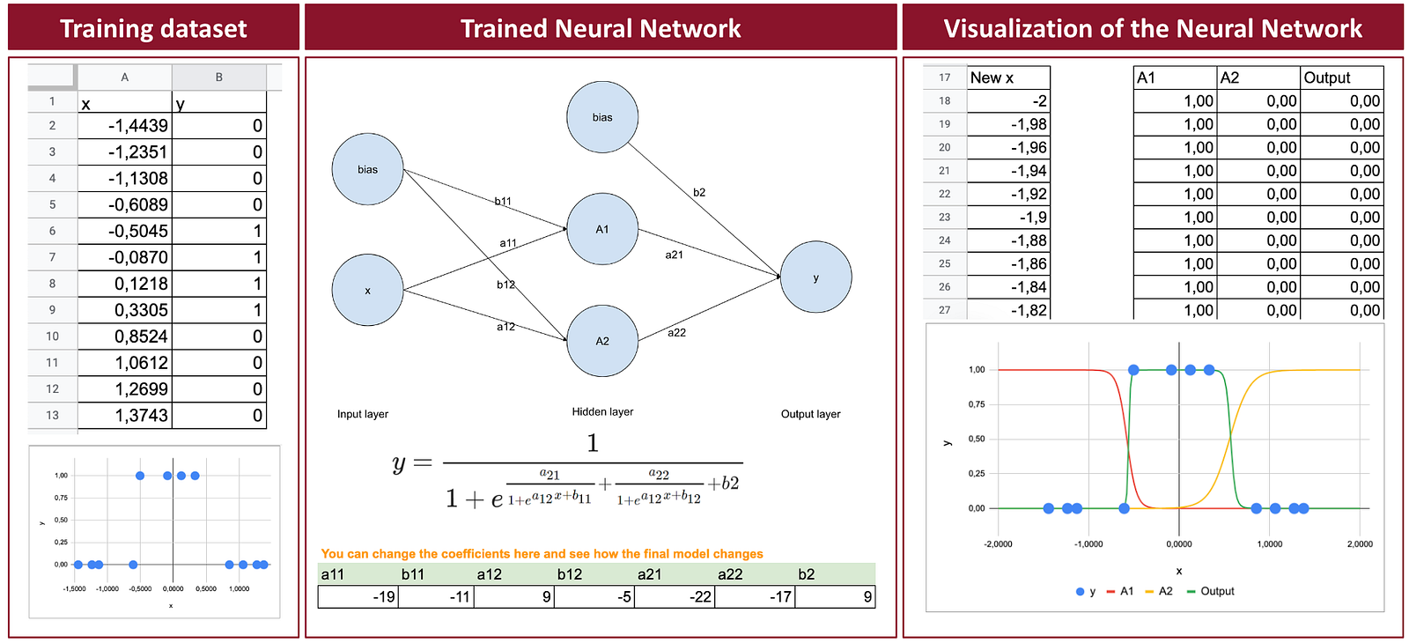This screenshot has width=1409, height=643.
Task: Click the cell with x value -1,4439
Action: pos(124,126)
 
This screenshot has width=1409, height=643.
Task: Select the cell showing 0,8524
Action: pos(124,336)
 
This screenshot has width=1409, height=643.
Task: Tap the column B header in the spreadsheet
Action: pos(219,78)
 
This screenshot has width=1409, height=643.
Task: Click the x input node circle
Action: pos(367,290)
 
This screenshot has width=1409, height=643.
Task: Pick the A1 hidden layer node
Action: pos(602,229)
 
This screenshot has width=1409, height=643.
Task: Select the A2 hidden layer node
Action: pos(602,341)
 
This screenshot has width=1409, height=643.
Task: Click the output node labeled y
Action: pos(815,277)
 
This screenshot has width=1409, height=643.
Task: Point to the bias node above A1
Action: pos(602,117)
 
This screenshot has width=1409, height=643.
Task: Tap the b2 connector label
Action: pos(699,193)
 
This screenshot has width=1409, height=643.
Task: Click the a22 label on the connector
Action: pos(676,333)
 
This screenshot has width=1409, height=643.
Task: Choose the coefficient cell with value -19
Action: pos(358,596)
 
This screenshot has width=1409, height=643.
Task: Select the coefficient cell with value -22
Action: pos(675,596)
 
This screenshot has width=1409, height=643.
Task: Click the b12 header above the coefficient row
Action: pos(569,573)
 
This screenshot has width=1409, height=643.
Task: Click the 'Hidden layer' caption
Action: pos(602,411)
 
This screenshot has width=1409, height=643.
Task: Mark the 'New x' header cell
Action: pos(1008,78)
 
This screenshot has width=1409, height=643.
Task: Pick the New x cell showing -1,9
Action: pos(1008,218)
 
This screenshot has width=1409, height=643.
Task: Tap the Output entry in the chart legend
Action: pos(1210,591)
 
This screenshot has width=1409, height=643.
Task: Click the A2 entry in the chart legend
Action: pos(1159,591)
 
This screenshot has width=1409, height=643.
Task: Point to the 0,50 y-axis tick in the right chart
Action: pos(977,439)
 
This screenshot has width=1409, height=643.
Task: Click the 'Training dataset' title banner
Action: pos(153,28)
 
